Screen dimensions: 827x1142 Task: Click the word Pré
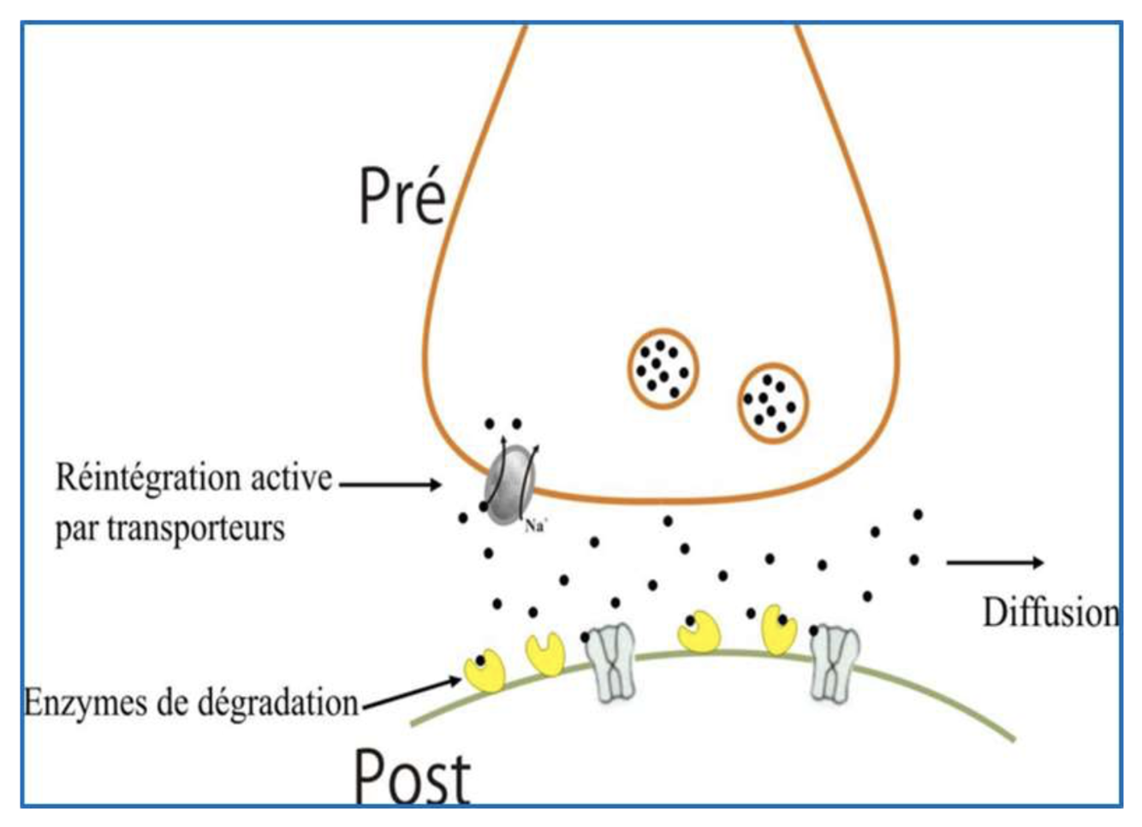(x=401, y=197)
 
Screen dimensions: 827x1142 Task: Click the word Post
(x=412, y=776)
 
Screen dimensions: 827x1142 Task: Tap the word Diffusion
(x=1050, y=613)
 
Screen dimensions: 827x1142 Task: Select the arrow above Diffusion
(x=995, y=562)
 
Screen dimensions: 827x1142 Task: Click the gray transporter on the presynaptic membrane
(x=509, y=489)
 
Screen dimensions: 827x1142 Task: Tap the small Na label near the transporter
(x=535, y=526)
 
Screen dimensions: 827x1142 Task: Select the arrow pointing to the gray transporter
(x=390, y=485)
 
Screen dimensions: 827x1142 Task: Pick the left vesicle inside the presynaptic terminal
(x=663, y=368)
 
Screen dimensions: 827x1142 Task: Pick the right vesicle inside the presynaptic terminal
(x=773, y=403)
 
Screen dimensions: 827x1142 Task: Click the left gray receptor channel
(x=611, y=662)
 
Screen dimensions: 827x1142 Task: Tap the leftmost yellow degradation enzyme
(x=484, y=672)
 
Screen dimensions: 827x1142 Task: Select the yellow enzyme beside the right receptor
(x=779, y=630)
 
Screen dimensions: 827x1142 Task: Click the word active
(x=291, y=478)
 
